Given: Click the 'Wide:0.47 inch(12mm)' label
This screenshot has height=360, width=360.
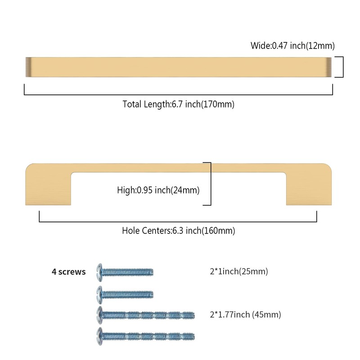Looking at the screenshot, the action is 292,45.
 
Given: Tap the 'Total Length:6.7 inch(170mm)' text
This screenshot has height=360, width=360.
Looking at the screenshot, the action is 178,104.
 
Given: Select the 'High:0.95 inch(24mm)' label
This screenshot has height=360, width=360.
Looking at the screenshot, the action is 158,190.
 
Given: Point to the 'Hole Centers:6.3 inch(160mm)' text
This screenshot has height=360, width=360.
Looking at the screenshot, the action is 178,231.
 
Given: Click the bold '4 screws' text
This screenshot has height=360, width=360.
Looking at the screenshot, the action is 68,272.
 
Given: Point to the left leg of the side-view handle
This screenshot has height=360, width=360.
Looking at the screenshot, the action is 49,189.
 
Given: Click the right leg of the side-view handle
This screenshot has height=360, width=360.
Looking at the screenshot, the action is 308,189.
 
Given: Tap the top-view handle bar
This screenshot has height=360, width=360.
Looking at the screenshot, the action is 178,67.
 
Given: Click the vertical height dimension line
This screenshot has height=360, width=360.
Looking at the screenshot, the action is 210,184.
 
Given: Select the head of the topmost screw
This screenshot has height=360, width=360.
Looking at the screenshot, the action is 100,271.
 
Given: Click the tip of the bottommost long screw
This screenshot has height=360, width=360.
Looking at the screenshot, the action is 193,335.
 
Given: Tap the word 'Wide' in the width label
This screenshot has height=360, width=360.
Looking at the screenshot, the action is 261,45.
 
